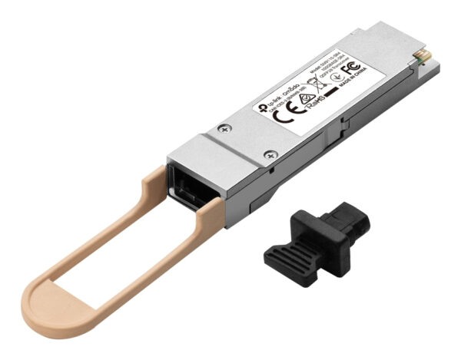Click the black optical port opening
[x=185, y=180]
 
